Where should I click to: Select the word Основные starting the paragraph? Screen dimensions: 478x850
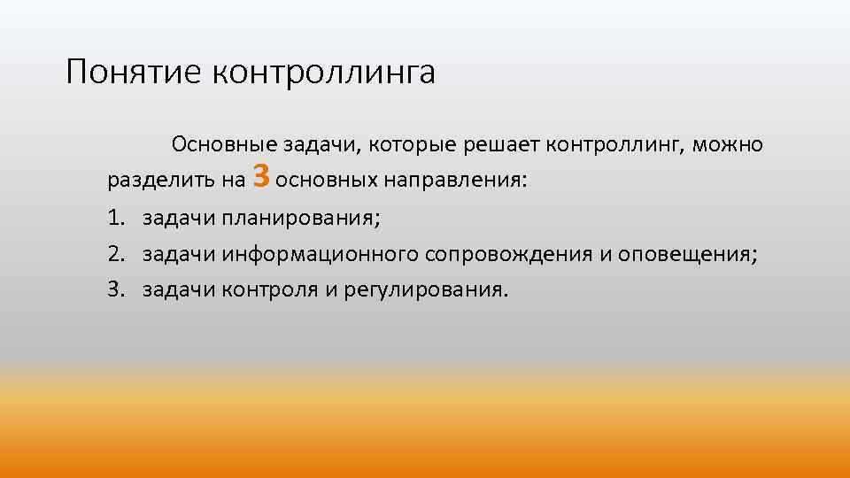225,144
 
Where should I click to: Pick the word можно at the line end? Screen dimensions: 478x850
728,144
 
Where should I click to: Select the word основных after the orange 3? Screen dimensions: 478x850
327,181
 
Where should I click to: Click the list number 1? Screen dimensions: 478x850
115,218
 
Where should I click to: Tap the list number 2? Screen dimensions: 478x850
115,255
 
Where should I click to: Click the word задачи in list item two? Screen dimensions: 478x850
179,255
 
